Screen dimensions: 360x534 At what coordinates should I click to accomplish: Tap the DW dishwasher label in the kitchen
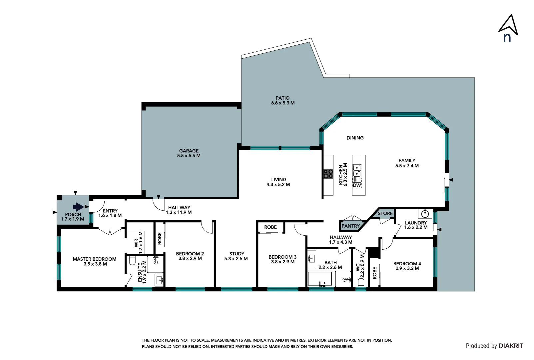[x=357, y=185]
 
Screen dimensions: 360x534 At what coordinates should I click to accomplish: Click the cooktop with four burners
[x=328, y=174]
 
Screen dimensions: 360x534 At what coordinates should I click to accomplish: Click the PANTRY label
[x=350, y=226]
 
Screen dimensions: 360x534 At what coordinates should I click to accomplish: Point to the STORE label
[x=385, y=214]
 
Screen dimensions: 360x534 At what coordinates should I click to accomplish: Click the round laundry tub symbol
[x=425, y=213]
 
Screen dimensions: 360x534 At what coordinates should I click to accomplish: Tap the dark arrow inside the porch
[x=78, y=207]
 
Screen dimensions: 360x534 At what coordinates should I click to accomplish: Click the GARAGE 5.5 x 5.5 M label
[x=189, y=153]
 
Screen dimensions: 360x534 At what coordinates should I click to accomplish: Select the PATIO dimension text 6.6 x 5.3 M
[x=282, y=103]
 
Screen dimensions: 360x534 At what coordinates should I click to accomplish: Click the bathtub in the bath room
[x=320, y=279]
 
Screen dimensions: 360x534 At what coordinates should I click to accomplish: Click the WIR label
[x=136, y=243]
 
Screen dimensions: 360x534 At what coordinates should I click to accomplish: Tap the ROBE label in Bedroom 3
[x=270, y=227]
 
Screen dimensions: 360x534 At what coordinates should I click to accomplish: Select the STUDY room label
[x=237, y=254]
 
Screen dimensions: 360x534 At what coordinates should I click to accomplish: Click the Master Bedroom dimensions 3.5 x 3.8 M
[x=95, y=264]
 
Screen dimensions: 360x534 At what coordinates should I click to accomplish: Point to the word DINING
[x=355, y=138]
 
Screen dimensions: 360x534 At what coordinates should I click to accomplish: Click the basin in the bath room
[x=312, y=258]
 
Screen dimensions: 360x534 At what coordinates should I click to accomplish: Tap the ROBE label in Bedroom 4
[x=375, y=273]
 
